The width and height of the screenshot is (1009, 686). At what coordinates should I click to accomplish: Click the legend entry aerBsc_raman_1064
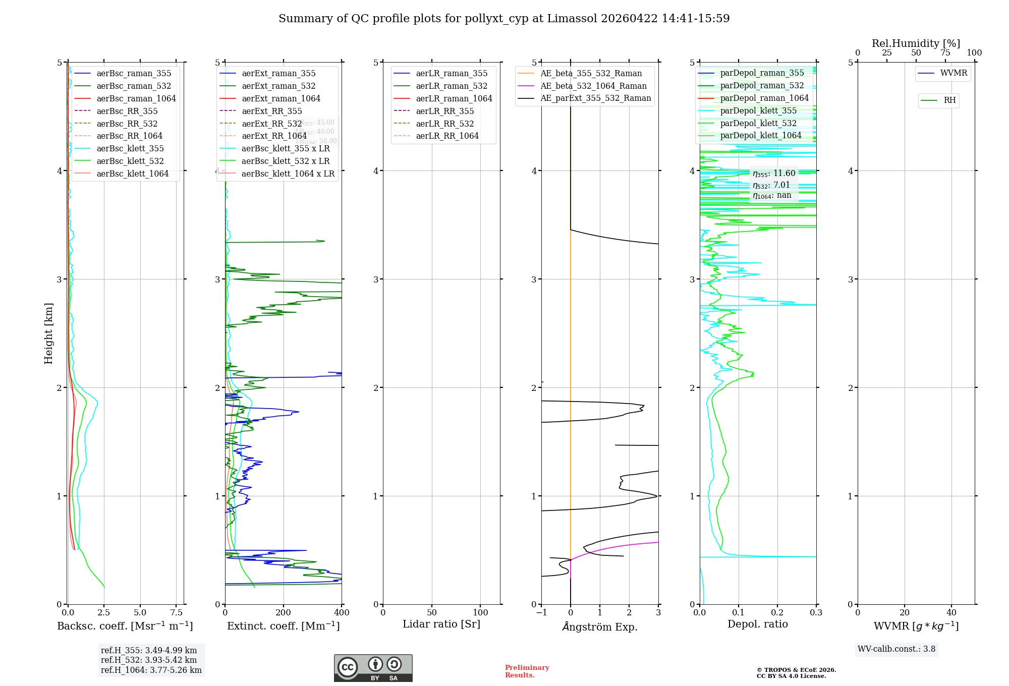[136, 99]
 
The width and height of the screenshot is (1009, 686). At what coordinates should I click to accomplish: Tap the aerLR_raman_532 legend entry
[452, 86]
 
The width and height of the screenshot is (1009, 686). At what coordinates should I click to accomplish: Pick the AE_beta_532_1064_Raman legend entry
[593, 86]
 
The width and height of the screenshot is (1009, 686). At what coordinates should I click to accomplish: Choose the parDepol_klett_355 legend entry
[758, 111]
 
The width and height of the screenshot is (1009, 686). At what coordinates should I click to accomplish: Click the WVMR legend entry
[954, 73]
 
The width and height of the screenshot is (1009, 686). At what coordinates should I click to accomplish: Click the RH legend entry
[949, 100]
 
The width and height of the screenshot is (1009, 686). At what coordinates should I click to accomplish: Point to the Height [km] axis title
[48, 333]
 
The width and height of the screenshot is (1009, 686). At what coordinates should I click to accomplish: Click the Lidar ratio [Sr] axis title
[441, 624]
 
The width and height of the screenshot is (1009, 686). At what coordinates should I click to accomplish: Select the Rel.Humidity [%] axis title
[916, 43]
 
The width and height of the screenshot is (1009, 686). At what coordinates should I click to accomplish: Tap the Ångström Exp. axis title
[600, 627]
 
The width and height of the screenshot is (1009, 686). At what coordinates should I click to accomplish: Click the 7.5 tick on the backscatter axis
[176, 613]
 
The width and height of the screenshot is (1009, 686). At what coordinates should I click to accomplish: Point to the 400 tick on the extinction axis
[342, 613]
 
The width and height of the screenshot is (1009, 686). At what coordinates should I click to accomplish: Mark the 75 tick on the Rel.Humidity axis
[945, 53]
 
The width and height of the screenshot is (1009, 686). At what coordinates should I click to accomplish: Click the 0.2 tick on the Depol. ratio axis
[777, 613]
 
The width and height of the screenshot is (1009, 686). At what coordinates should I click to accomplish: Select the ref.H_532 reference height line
[149, 660]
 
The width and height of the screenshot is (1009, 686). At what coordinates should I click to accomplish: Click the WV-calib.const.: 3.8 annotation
[896, 649]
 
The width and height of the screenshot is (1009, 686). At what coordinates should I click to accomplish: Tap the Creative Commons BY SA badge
[373, 668]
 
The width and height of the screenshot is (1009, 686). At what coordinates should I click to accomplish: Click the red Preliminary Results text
[527, 671]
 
